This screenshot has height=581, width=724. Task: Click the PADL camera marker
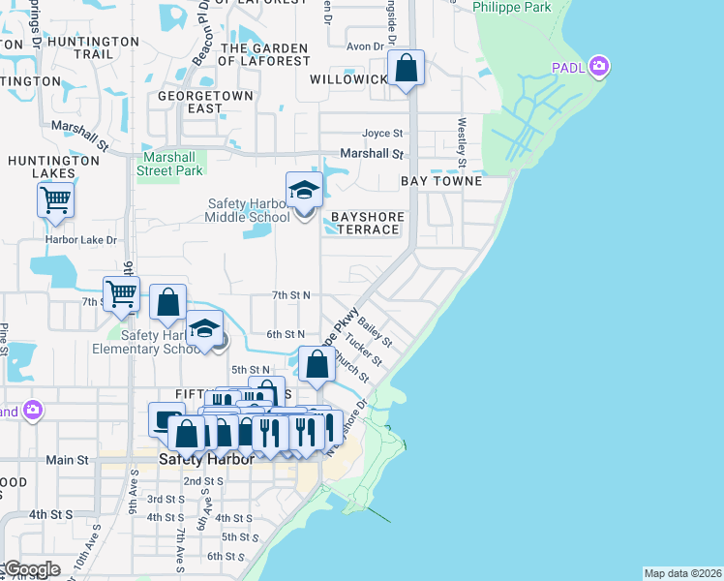tap(600, 67)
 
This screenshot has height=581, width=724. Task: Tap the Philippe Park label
tap(512, 8)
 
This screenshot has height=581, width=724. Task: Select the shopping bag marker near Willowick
tap(407, 69)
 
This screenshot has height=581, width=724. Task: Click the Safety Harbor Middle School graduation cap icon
tap(304, 191)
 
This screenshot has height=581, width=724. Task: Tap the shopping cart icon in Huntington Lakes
tap(55, 200)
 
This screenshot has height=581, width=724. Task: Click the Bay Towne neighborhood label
tap(441, 181)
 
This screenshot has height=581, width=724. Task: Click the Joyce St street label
tap(382, 134)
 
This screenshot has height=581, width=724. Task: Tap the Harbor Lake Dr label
tap(80, 239)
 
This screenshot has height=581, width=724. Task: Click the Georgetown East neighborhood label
tap(206, 103)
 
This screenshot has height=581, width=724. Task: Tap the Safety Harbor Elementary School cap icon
tap(205, 330)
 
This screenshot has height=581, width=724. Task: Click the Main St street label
tap(67, 460)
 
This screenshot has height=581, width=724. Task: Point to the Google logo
tap(31, 569)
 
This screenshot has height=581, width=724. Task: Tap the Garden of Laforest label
tap(263, 54)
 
